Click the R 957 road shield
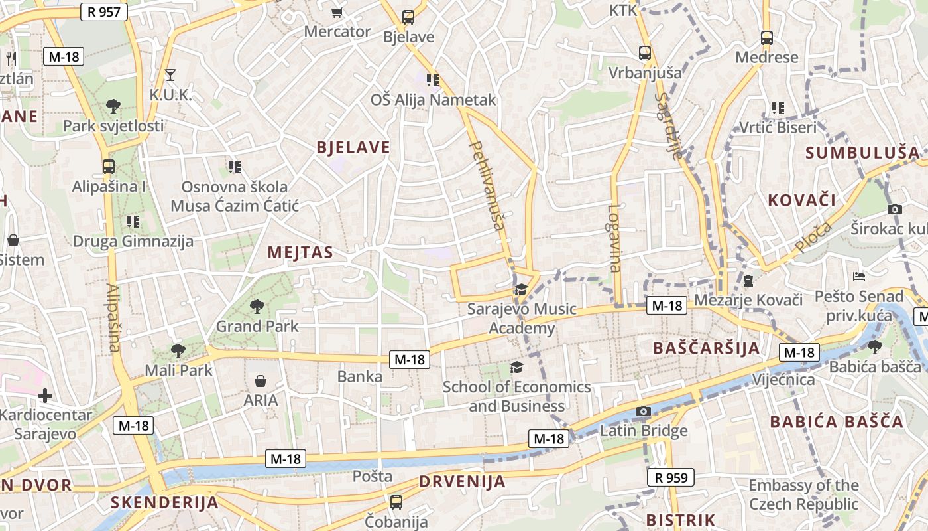point(103,11)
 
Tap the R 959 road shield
point(670,477)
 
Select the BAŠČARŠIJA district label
point(706,348)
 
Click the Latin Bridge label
point(644,431)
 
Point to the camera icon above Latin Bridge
point(643,412)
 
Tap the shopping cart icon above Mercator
point(337,11)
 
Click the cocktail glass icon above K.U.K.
point(170,74)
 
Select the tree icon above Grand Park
point(257,306)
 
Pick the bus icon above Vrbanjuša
point(644,52)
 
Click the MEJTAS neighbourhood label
point(300,252)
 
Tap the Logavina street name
point(614,238)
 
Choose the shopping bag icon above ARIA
point(261,381)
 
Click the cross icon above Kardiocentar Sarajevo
point(45,396)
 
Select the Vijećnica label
point(783,380)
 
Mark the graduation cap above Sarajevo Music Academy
point(521,289)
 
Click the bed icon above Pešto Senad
point(859,276)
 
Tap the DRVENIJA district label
point(462,482)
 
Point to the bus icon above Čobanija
point(396,502)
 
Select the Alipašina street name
point(113,318)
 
